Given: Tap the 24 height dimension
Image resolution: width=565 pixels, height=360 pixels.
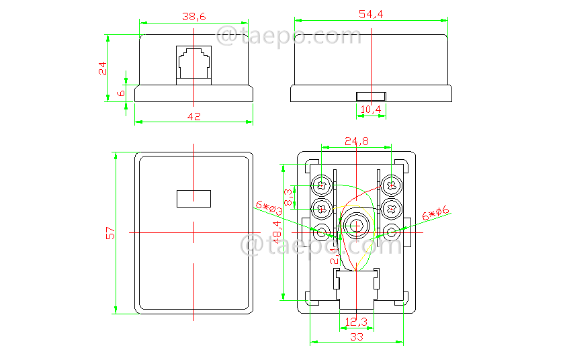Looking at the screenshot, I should click(102, 68).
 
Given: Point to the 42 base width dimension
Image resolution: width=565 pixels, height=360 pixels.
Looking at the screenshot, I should click(193, 116).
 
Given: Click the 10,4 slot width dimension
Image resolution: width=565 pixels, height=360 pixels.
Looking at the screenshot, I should click(370, 109).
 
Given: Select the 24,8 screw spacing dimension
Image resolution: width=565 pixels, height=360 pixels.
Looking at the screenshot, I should click(357, 141).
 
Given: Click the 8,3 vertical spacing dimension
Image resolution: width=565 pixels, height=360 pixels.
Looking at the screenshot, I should click(288, 196).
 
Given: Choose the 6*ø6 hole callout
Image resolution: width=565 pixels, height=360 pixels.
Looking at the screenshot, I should click(435, 214).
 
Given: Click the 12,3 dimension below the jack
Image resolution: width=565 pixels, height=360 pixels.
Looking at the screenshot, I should click(356, 322).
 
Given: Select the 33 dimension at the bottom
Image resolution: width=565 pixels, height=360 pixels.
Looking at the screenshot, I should click(356, 336).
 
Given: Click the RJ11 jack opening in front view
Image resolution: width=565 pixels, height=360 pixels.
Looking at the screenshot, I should click(193, 62).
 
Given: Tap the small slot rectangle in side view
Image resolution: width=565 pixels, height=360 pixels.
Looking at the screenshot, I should click(370, 96).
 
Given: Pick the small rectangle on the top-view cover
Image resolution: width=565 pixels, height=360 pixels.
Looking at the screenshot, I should click(193, 198).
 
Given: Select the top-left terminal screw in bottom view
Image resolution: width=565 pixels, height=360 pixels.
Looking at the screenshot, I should click(322, 185).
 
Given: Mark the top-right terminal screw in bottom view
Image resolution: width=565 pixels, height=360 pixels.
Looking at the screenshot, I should click(391, 185).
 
